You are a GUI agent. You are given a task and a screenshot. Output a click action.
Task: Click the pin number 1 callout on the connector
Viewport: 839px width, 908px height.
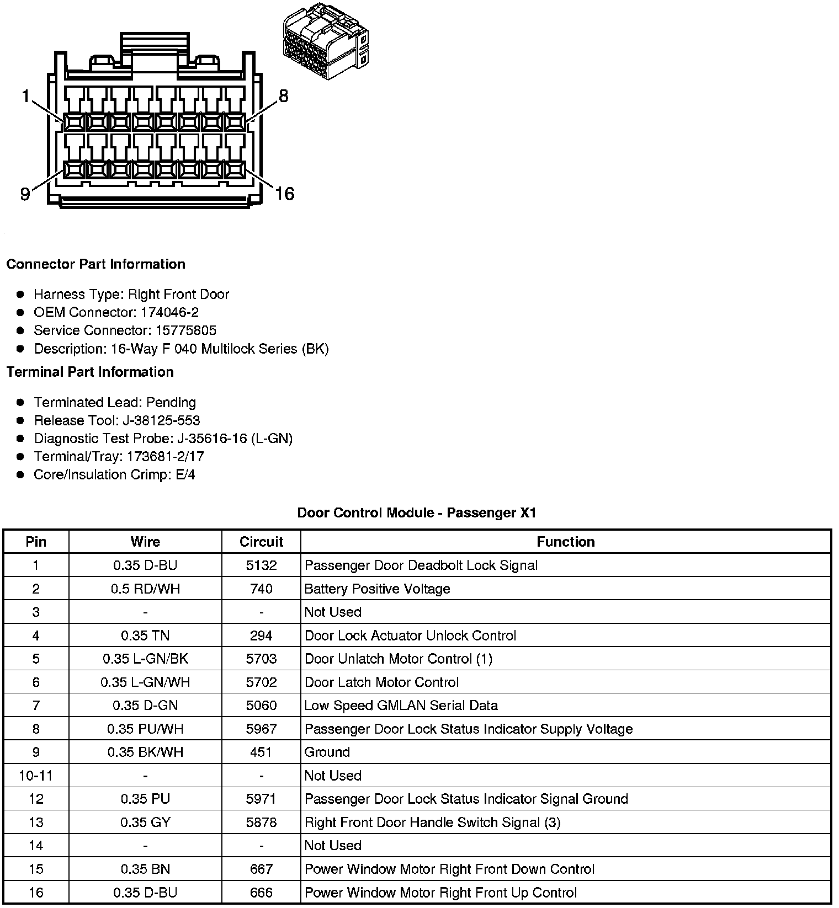tap(25, 97)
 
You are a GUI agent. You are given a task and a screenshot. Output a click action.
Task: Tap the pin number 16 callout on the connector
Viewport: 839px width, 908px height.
tap(285, 194)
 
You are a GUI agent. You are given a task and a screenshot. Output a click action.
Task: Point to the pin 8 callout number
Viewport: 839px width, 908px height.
tap(283, 97)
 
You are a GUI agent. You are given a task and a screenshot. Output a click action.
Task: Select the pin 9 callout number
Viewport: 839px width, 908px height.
tap(25, 194)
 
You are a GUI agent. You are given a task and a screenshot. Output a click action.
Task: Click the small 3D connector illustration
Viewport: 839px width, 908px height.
tap(325, 41)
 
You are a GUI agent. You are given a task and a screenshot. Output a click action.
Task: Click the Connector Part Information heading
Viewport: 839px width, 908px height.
tap(95, 264)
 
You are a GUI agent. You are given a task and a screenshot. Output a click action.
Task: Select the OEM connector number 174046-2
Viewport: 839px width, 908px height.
tap(169, 313)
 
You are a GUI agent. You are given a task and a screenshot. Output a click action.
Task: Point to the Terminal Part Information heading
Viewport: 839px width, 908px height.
tap(90, 372)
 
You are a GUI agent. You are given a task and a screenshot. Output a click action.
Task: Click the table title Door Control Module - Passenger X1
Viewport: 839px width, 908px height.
tap(417, 513)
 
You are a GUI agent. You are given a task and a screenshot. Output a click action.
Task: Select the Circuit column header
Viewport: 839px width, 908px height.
tap(261, 542)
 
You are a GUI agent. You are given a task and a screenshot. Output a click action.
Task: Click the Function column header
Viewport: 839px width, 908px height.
tap(566, 542)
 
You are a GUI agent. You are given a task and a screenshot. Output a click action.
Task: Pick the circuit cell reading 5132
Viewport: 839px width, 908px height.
tap(261, 565)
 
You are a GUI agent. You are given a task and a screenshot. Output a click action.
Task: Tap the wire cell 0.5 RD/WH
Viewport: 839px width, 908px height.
tap(145, 589)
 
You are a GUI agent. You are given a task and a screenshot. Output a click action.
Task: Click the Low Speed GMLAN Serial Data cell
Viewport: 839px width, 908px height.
tap(401, 706)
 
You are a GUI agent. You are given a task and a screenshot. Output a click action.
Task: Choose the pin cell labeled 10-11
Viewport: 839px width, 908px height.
tap(36, 776)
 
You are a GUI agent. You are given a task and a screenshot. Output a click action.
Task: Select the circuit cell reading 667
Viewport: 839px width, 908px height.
tap(261, 869)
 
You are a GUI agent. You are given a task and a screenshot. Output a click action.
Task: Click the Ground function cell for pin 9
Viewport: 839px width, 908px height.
tap(327, 752)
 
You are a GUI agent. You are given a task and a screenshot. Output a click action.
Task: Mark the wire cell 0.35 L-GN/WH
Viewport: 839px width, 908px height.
tap(145, 682)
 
